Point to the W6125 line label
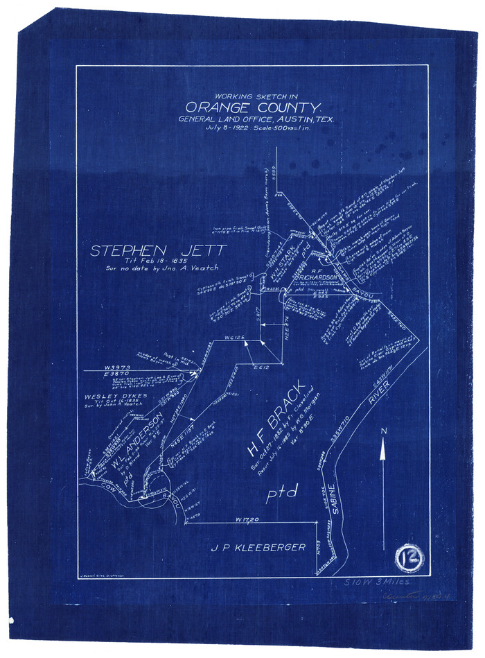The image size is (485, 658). click(236, 337)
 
